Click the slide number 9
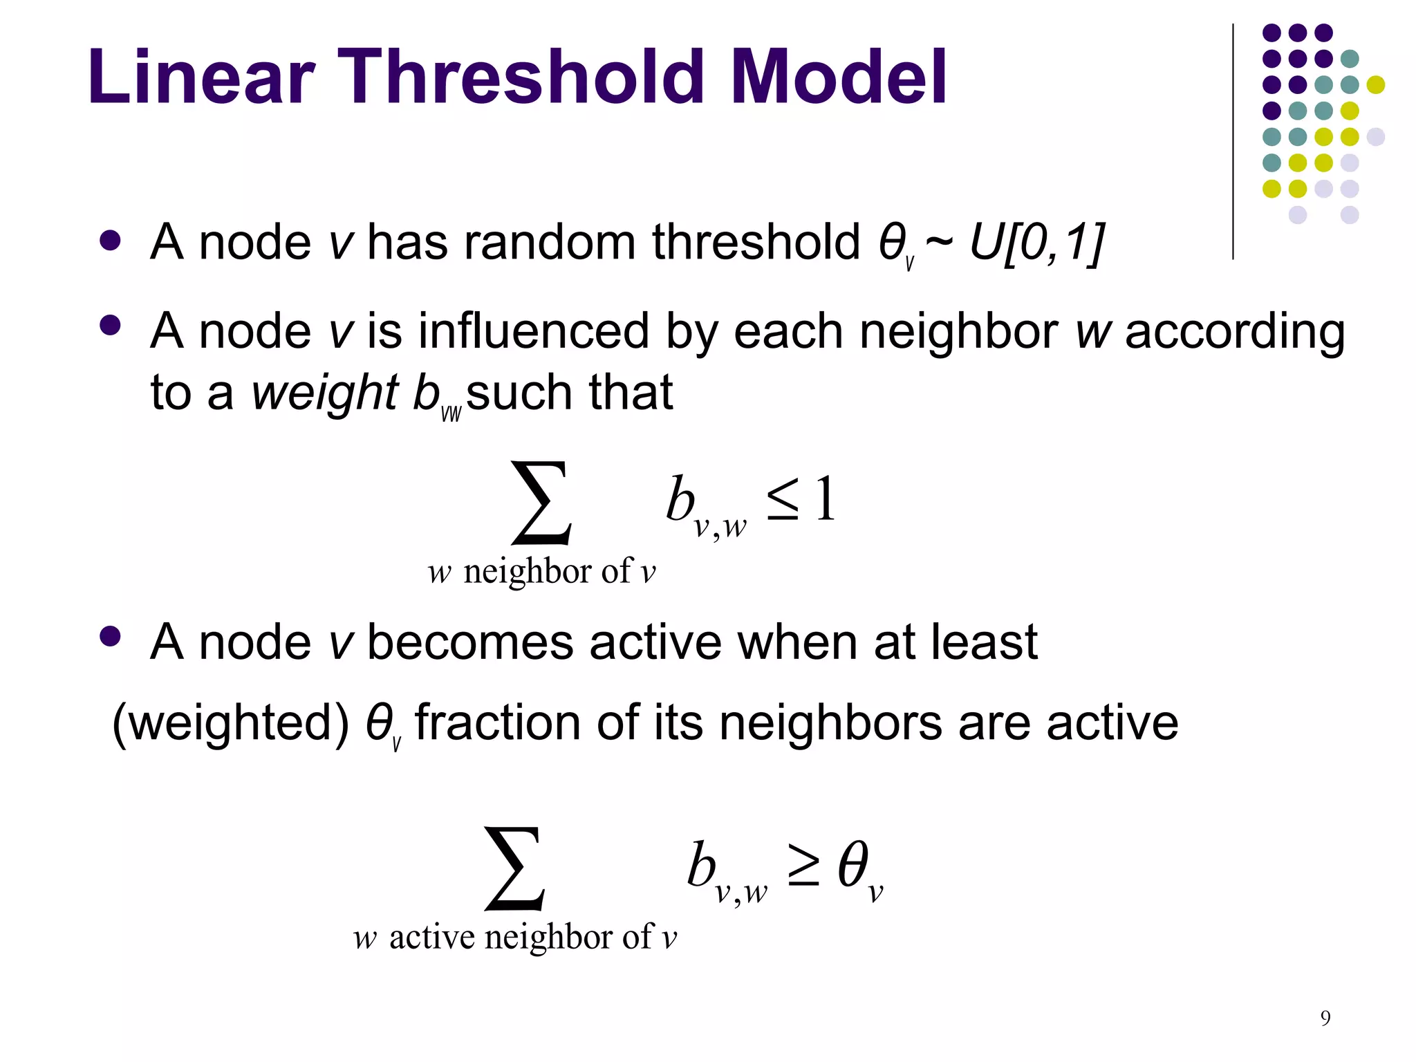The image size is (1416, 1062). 1325,1017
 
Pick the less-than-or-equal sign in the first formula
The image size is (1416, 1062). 782,501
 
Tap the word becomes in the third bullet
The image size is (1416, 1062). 469,642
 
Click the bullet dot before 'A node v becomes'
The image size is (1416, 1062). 110,636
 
